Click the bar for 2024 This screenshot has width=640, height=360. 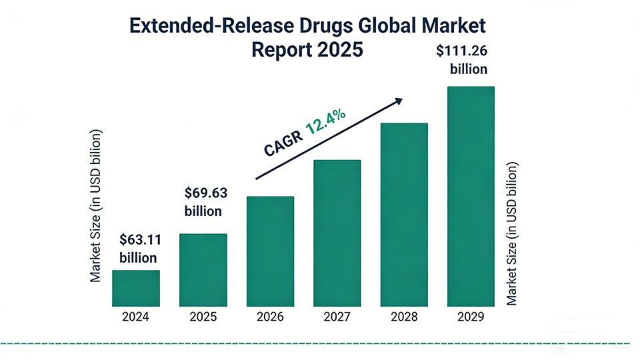[135, 288]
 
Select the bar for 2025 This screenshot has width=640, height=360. [203, 269]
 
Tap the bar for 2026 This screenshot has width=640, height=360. [270, 251]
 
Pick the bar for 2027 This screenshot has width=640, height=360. [337, 233]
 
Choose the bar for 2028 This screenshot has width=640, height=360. [403, 215]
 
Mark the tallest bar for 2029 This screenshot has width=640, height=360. [471, 196]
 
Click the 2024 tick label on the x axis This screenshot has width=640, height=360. [135, 317]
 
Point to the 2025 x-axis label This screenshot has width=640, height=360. [203, 317]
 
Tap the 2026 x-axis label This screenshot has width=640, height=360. [270, 317]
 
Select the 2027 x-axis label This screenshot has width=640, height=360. [337, 317]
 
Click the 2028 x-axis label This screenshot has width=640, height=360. [403, 317]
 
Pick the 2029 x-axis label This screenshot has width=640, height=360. [471, 317]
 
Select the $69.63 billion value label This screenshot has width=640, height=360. [205, 202]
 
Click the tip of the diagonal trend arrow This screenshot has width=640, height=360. [401, 99]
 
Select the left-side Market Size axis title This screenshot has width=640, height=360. [96, 205]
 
